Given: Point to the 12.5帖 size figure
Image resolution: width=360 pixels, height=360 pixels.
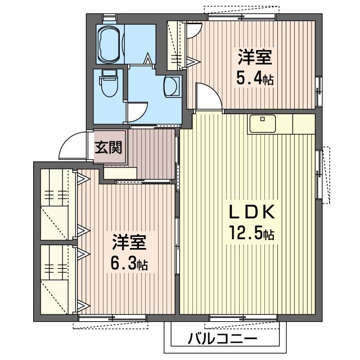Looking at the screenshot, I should (x=251, y=232).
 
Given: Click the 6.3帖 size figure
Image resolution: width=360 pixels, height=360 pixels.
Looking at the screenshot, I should (x=128, y=263).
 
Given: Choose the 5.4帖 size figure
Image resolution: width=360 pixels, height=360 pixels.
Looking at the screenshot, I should (x=254, y=78).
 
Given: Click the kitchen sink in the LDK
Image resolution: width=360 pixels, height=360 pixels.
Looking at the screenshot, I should (x=262, y=123).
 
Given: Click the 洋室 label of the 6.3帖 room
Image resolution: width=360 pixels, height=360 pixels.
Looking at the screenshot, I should (x=129, y=243).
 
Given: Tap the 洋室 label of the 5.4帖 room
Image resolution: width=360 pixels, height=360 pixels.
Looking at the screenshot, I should (x=255, y=58).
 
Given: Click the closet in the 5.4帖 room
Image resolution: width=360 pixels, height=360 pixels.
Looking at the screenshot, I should (x=177, y=46).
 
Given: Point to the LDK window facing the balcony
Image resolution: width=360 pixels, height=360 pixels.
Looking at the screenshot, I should (x=243, y=318).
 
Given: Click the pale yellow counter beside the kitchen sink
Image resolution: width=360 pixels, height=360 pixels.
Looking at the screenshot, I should (x=303, y=123).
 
